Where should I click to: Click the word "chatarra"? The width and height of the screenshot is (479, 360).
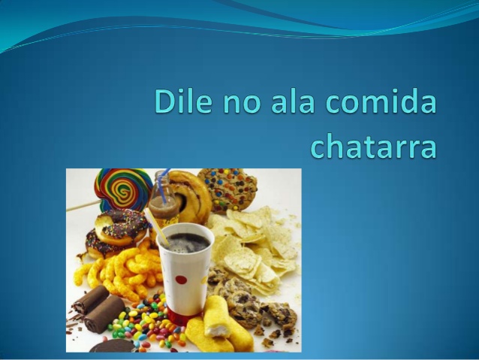(x=372, y=146)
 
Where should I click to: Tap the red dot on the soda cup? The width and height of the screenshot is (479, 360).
(x=181, y=280)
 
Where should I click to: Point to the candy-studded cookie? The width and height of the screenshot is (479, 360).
(x=227, y=187)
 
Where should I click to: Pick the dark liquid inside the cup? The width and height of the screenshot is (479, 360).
(x=185, y=241)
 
